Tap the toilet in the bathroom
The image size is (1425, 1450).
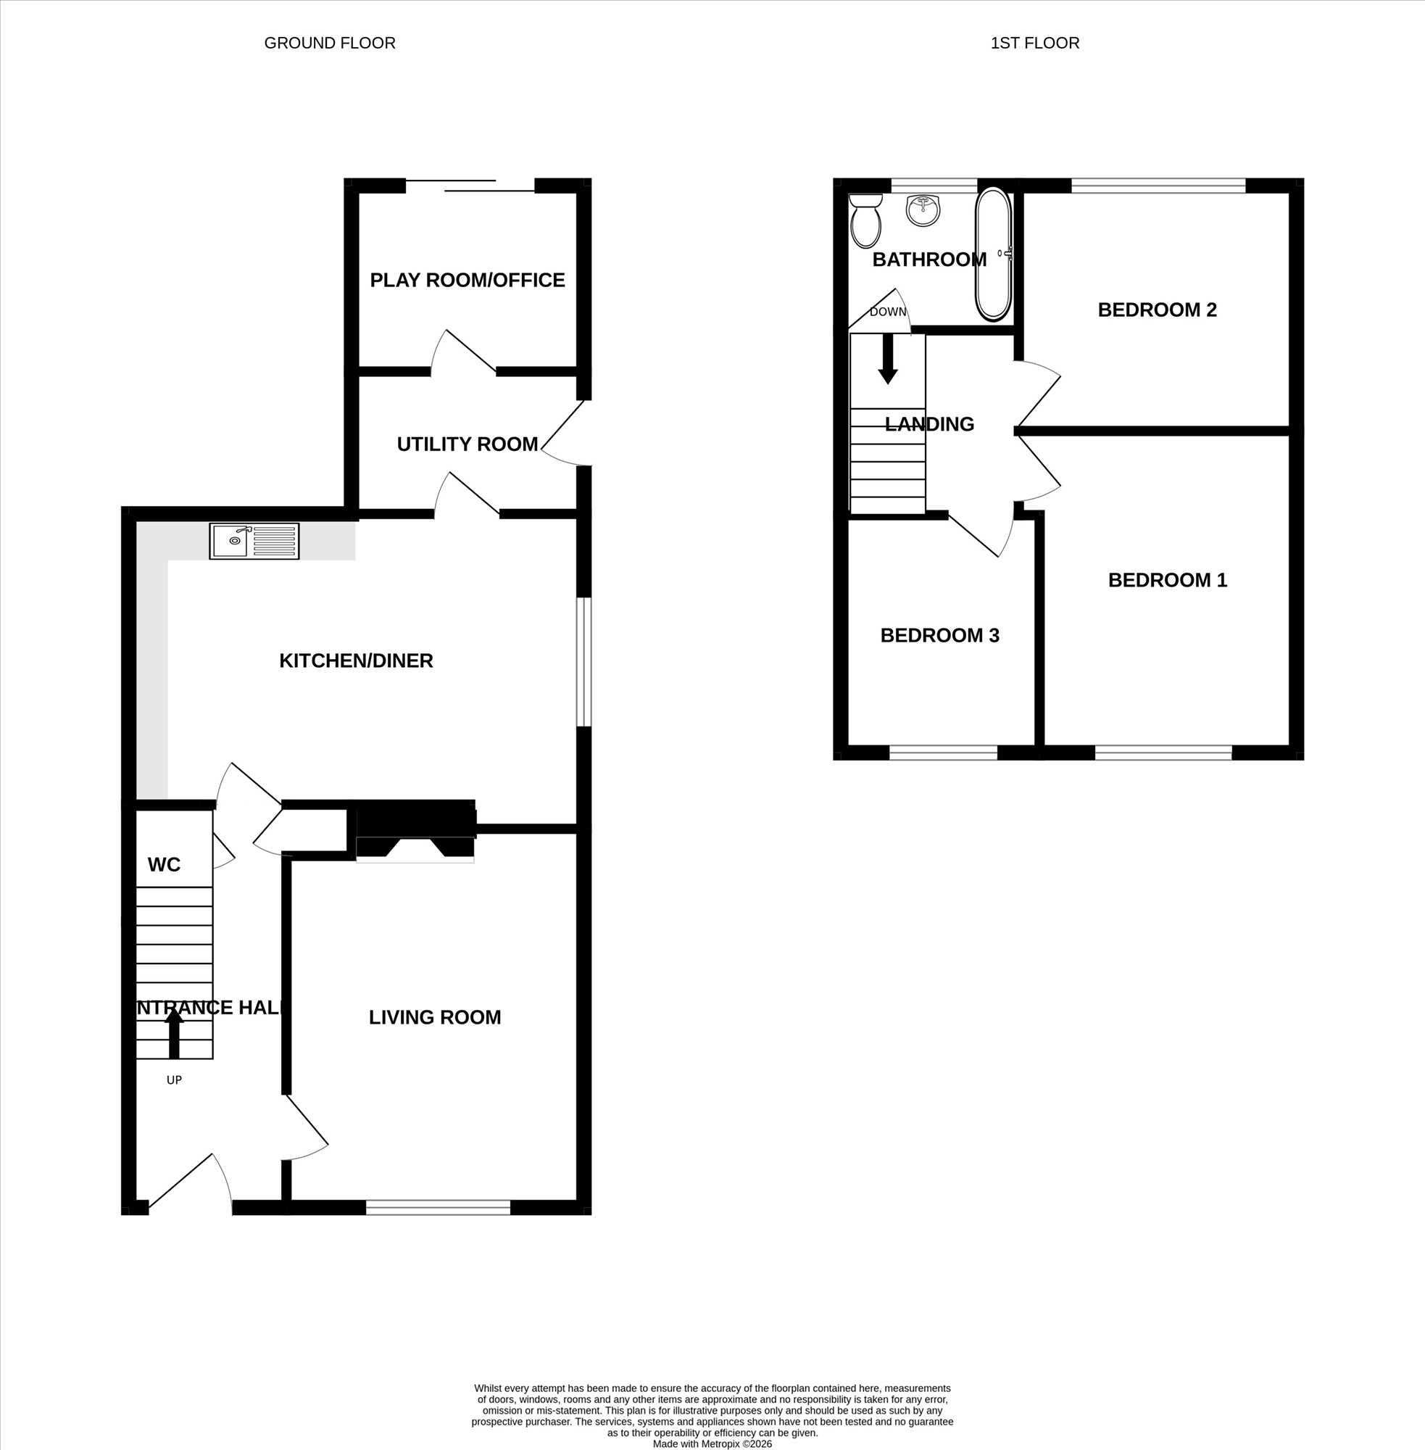pyautogui.click(x=866, y=221)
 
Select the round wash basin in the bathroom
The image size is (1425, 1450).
pyautogui.click(x=923, y=210)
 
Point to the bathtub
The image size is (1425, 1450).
pyautogui.click(x=994, y=254)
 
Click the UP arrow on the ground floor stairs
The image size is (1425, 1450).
pyautogui.click(x=175, y=1033)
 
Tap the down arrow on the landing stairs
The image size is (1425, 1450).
pyautogui.click(x=888, y=359)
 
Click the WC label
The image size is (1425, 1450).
pyautogui.click(x=164, y=865)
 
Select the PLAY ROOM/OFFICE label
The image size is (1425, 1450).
pyautogui.click(x=467, y=280)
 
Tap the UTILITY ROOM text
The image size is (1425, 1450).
pyautogui.click(x=467, y=444)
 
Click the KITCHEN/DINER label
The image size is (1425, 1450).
pyautogui.click(x=357, y=660)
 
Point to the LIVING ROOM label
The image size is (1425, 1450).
pyautogui.click(x=435, y=1016)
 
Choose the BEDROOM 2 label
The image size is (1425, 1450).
pyautogui.click(x=1157, y=310)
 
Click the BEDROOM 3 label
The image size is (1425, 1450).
pyautogui.click(x=940, y=635)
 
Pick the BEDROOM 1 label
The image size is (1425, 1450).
pyautogui.click(x=1168, y=579)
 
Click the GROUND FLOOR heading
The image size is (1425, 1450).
pyautogui.click(x=330, y=43)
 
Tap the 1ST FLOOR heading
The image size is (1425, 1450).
pyautogui.click(x=1035, y=43)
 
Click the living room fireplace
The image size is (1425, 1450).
pyautogui.click(x=415, y=832)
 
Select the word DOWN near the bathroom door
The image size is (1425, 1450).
pyautogui.click(x=888, y=312)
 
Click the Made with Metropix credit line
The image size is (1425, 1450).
pyautogui.click(x=712, y=1444)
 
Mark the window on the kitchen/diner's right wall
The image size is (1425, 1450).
pyautogui.click(x=583, y=661)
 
